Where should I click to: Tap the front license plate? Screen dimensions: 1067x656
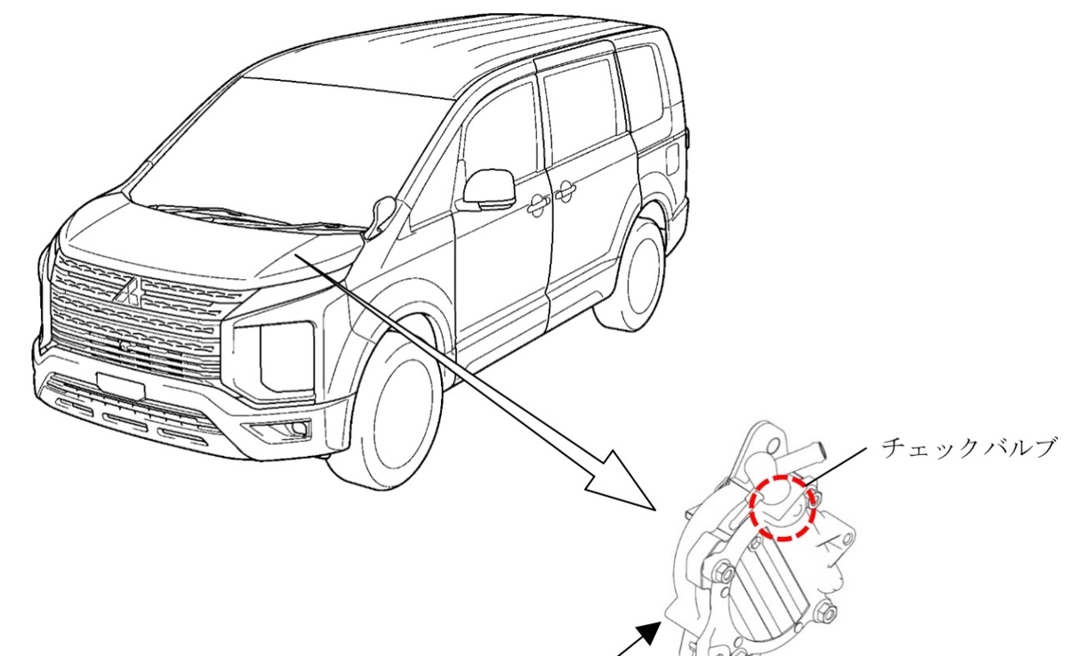click(121, 386)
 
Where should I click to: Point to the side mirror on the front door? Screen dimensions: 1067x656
click(488, 190)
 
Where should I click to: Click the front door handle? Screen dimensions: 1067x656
click(537, 204)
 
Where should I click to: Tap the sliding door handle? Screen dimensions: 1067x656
click(565, 191)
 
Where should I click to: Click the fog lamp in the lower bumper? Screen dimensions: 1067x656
click(299, 428)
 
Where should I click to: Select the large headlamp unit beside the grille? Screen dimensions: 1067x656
click(274, 358)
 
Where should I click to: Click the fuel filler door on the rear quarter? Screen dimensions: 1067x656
click(672, 158)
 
